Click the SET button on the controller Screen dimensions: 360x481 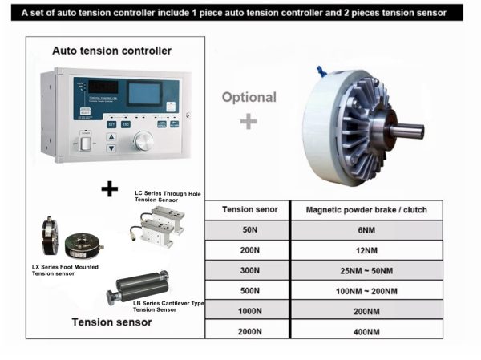(x=112, y=124)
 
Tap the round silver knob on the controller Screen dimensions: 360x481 (x=143, y=142)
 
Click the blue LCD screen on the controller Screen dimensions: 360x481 (x=145, y=93)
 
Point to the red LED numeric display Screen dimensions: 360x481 (x=104, y=87)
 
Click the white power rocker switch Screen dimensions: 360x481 (x=84, y=144)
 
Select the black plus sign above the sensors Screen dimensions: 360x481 (x=109, y=188)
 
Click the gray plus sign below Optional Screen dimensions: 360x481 (x=249, y=121)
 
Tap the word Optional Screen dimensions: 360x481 (x=249, y=97)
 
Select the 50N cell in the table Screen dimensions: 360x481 (x=248, y=229)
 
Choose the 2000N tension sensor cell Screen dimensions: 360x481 (x=248, y=330)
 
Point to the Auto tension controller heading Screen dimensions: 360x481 (x=111, y=51)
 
